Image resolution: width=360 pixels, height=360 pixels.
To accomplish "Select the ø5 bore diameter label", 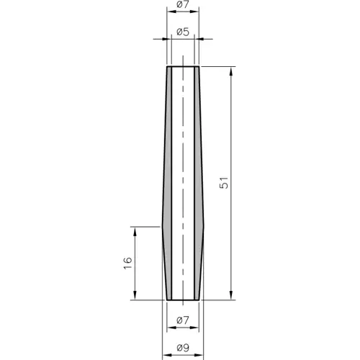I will click(x=183, y=32).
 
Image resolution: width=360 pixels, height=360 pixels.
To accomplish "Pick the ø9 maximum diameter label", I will click(x=183, y=349).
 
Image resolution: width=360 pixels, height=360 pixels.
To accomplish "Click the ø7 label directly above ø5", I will click(x=183, y=6).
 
